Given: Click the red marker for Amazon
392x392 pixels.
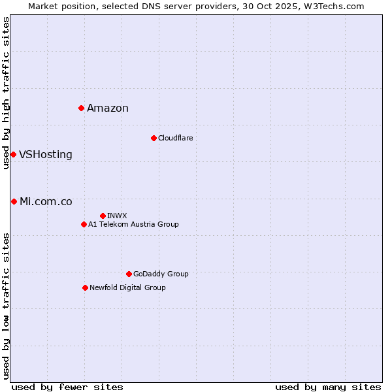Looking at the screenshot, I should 81,108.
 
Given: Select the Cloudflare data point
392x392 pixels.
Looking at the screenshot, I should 154,138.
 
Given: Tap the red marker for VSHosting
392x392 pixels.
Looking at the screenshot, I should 13,154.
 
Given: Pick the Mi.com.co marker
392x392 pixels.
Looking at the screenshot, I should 14,201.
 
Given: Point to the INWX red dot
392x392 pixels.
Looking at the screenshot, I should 103,216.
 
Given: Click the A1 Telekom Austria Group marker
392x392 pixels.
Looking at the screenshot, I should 84,224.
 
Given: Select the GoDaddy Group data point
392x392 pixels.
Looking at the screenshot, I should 129,274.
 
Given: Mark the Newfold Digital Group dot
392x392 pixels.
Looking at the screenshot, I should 85,287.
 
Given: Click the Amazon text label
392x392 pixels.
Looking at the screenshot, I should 108,108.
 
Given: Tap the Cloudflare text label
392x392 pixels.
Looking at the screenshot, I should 175,138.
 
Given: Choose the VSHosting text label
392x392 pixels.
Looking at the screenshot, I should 46,155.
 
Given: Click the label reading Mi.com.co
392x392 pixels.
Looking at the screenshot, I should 46,202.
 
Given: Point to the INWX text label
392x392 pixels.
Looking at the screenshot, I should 117,216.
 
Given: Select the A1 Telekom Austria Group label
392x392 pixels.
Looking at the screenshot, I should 133,224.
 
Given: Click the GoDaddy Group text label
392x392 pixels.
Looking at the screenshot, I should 161,274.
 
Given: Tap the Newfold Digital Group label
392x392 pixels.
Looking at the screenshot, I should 127,287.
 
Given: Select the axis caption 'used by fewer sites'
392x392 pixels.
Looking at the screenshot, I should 67,387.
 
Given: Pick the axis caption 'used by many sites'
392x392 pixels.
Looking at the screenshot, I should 328,387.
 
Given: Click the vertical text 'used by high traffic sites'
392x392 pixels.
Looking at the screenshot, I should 6,93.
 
